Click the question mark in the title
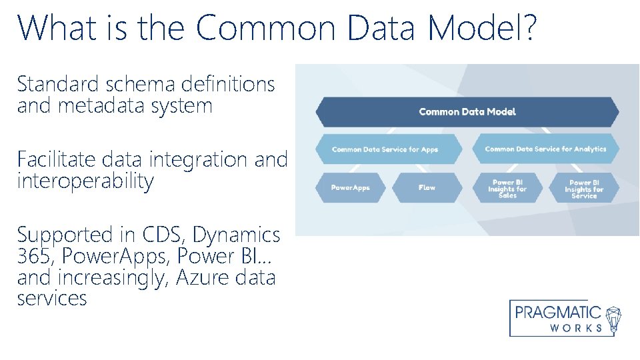click(527, 28)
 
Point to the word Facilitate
click(57, 159)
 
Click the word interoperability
click(85, 181)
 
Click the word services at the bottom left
click(52, 299)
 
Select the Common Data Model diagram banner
click(467, 112)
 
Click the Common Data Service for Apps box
click(385, 149)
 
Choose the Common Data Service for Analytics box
click(545, 149)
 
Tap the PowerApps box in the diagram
click(351, 188)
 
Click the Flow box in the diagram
click(427, 188)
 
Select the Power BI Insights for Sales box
click(507, 189)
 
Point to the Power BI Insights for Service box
click(583, 189)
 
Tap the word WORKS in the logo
click(577, 328)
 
